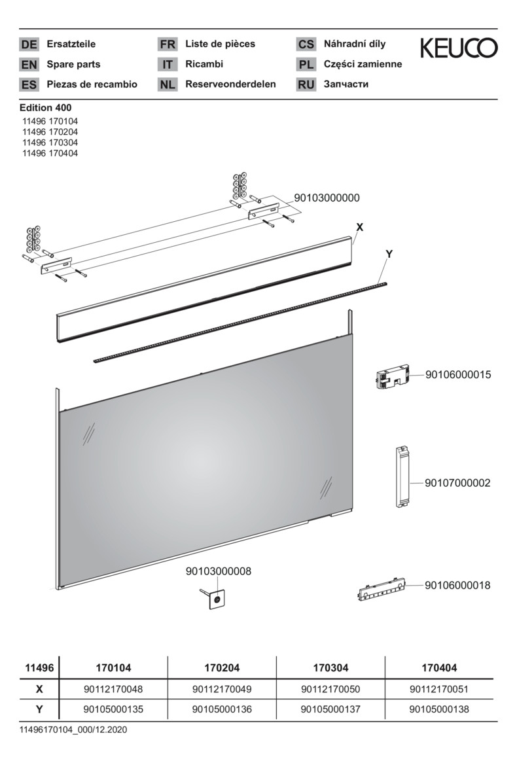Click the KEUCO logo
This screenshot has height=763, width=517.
pos(459,48)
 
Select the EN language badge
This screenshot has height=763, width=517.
pos(29,64)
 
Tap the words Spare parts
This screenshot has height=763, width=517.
pos(73,64)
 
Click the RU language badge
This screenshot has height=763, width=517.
pos(306,84)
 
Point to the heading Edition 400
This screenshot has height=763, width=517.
pos(45,107)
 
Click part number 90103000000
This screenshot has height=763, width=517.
pos(327,198)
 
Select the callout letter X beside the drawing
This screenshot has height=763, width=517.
pos(360,227)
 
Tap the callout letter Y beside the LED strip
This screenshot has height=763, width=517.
pos(389,254)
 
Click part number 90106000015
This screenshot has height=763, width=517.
pos(458,375)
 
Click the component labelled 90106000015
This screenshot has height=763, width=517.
pos(393,377)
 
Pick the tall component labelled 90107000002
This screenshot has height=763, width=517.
pos(402,476)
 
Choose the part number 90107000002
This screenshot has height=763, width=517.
pos(457,483)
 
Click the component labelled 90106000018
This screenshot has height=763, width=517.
pos(383,590)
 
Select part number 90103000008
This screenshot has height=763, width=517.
pos(219,571)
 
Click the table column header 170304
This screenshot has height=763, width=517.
pos(330,668)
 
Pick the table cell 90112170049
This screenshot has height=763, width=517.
pos(222,690)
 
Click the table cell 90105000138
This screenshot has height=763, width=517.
pos(439,709)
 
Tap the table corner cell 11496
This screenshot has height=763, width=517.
pos(39,668)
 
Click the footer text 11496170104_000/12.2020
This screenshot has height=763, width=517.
pos(73,730)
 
